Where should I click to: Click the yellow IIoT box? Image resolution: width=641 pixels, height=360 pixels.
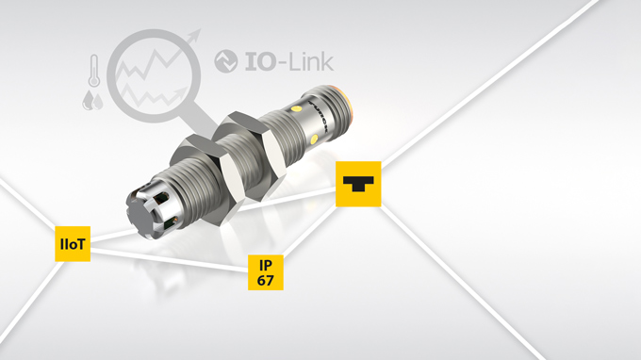point(73,244)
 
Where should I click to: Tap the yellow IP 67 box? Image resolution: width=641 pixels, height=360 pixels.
point(266,272)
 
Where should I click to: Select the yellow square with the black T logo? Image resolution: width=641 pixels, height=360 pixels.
point(358,184)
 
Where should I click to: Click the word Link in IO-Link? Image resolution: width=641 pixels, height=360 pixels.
point(311,61)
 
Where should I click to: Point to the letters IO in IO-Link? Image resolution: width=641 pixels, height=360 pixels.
point(260,62)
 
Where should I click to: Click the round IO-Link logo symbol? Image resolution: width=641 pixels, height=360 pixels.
point(226,61)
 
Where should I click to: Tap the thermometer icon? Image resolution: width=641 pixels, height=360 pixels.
point(94,71)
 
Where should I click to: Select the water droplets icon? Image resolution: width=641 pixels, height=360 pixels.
point(92,101)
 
